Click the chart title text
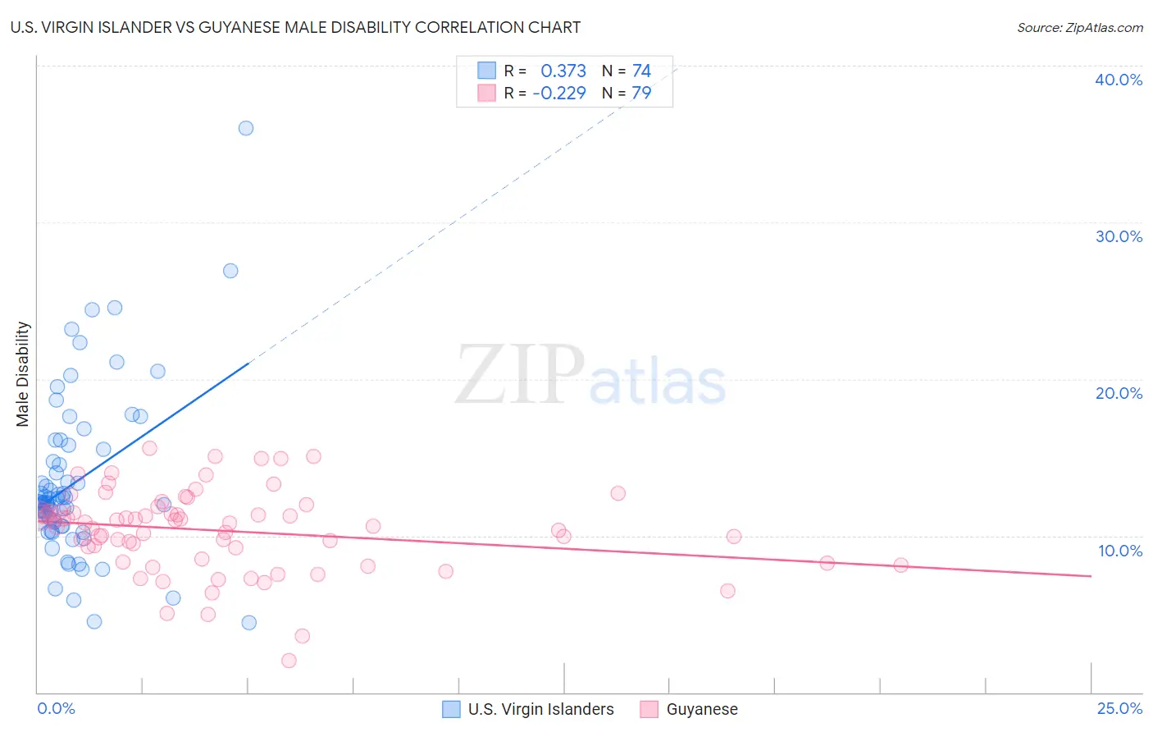[x=295, y=27]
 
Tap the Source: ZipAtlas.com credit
[x=1079, y=27]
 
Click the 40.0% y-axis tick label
[x=1119, y=80]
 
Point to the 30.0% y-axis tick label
[x=1119, y=236]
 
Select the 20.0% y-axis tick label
[x=1119, y=393]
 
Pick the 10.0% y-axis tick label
[x=1120, y=551]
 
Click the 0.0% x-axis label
[x=56, y=708]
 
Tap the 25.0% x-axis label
[x=1119, y=708]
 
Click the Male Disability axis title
[x=23, y=374]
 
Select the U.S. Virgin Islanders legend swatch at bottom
[x=451, y=709]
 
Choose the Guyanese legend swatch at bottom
[x=649, y=709]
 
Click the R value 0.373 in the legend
[x=563, y=71]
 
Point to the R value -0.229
[x=559, y=94]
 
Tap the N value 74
[x=641, y=71]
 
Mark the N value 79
[x=641, y=94]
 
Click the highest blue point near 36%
[x=246, y=128]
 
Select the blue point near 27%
[x=230, y=271]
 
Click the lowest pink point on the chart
[x=289, y=661]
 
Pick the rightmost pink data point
[x=900, y=565]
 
